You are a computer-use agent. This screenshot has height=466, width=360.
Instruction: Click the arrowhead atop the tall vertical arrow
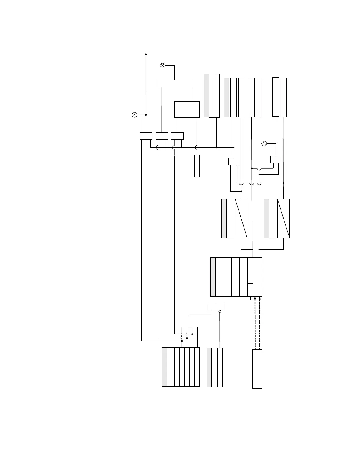[x=146, y=54]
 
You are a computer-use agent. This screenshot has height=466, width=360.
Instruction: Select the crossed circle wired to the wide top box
[x=162, y=66]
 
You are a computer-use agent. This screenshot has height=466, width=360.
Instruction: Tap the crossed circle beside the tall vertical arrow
[x=134, y=115]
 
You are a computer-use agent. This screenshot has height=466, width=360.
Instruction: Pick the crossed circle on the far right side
[x=264, y=143]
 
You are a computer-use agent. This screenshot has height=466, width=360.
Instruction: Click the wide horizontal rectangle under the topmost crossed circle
[x=174, y=84]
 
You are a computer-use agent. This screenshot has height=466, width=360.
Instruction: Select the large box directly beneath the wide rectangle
[x=187, y=109]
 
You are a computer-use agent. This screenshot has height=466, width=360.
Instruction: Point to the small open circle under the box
[x=220, y=311]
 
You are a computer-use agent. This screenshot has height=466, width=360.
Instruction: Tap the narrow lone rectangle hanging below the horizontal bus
[x=197, y=166]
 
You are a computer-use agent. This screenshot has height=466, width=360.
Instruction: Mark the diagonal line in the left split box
[x=241, y=218]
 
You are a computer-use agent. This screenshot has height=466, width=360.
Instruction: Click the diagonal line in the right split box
[x=284, y=218]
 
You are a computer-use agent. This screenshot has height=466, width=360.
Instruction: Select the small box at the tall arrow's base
[x=146, y=136]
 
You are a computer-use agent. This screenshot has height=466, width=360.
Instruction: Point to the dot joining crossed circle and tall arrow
[x=146, y=115]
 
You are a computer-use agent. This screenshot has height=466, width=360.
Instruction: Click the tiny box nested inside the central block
[x=250, y=289]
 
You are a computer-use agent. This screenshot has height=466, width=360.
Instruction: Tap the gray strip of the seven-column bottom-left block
[x=164, y=367]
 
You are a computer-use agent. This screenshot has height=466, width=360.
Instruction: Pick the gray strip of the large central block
[x=213, y=277]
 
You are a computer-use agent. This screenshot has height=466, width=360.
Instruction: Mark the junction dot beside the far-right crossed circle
[x=276, y=143]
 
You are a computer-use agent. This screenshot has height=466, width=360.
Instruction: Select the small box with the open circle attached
[x=216, y=307]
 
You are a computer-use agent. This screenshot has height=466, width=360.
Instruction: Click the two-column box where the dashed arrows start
[x=257, y=369]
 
